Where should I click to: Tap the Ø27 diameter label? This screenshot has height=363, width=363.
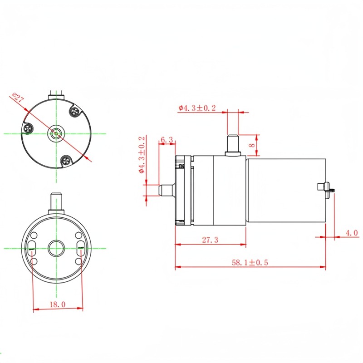pyautogui.click(x=18, y=97)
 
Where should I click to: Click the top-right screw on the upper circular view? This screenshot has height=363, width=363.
pyautogui.click(x=74, y=110)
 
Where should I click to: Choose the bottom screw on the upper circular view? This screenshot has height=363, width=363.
pyautogui.click(x=66, y=159)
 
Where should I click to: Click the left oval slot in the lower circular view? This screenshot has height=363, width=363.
pyautogui.click(x=33, y=248)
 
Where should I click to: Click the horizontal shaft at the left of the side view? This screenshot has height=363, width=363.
pyautogui.click(x=167, y=190)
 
